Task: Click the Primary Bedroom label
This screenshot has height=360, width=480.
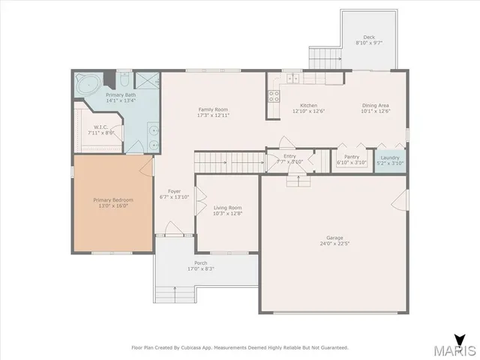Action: (x=113, y=200)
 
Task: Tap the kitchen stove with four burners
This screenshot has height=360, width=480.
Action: (x=274, y=95)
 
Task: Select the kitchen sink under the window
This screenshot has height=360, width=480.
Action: (x=291, y=77)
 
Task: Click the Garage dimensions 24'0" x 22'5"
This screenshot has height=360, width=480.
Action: (x=334, y=242)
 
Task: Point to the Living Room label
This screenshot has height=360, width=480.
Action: (x=227, y=208)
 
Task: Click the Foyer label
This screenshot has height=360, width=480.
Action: (x=174, y=191)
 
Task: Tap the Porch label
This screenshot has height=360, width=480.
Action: (x=201, y=262)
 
